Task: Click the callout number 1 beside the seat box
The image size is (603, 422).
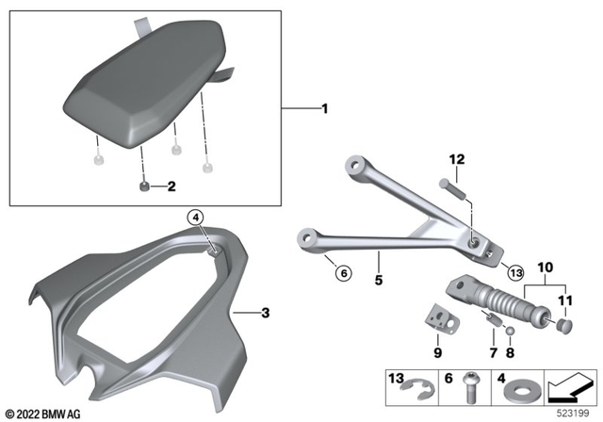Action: [325, 109]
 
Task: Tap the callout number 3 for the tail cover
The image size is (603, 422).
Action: [267, 311]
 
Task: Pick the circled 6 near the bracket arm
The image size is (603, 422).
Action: [343, 273]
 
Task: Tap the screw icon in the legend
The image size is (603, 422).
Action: [470, 386]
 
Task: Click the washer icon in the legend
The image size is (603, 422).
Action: [523, 388]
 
